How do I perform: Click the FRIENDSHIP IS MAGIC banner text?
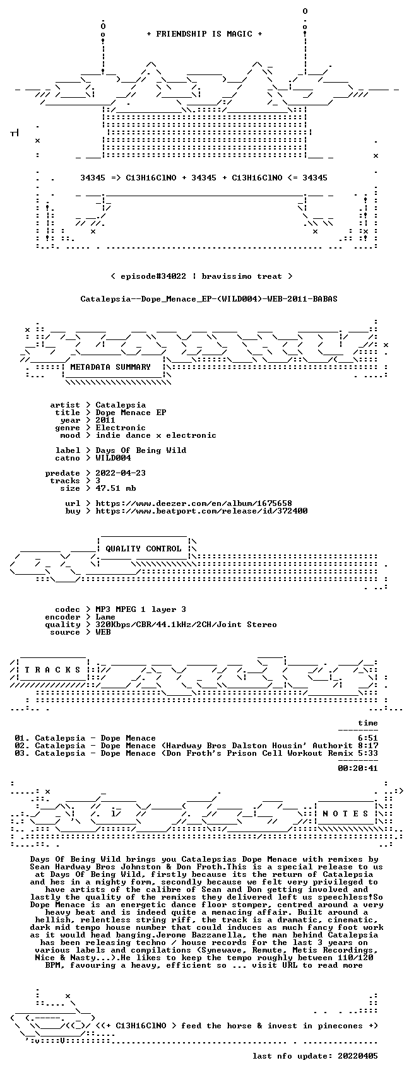[x=204, y=34]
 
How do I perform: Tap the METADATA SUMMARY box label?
[x=110, y=367]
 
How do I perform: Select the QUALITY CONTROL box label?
[x=143, y=548]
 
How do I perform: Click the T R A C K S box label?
[x=52, y=670]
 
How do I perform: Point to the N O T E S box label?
[x=345, y=813]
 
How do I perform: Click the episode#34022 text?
[x=153, y=276]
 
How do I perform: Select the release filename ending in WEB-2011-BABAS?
[x=209, y=299]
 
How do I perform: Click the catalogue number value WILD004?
[x=113, y=458]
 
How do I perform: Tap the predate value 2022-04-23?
[x=121, y=473]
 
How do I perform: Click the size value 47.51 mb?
[x=116, y=488]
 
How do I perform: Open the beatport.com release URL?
[x=201, y=511]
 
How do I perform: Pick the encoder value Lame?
[x=105, y=617]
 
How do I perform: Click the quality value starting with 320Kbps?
[x=186, y=625]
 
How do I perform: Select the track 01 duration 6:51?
[x=368, y=738]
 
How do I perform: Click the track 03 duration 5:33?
[x=368, y=753]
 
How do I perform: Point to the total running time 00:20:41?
[x=358, y=768]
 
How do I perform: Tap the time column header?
[x=368, y=723]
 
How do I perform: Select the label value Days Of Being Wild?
[x=141, y=450]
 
